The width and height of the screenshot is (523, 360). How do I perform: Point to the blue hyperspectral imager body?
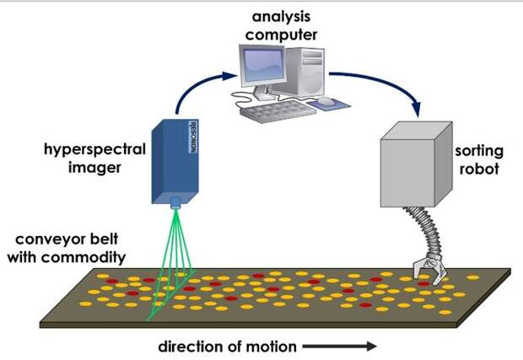point(172,160)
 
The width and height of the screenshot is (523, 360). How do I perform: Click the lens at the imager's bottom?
point(175,203)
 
